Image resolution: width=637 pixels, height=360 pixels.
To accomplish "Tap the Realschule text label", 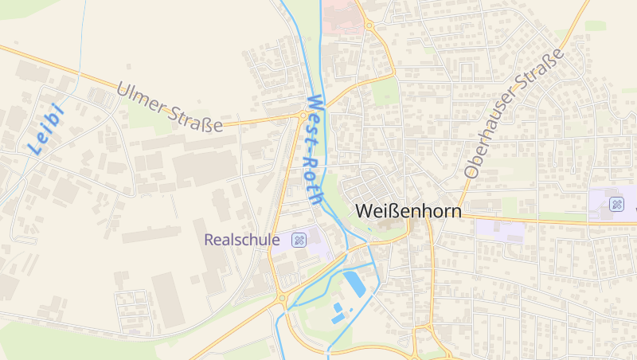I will (x=242, y=239).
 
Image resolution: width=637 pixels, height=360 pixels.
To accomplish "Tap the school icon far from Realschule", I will (x=616, y=204).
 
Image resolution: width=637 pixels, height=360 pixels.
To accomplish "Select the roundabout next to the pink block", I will (x=370, y=25).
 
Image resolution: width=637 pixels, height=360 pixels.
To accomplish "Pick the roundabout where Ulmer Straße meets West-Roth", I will (x=303, y=116).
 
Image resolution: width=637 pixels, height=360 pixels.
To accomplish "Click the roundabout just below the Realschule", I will (x=283, y=299).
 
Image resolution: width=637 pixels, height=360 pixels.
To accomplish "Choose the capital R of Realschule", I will (x=209, y=239).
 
